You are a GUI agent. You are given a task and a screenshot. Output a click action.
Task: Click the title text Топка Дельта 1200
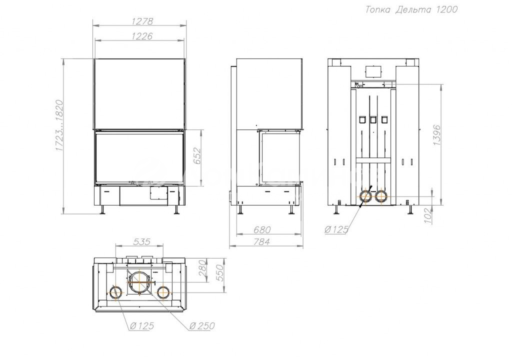tap(411, 9)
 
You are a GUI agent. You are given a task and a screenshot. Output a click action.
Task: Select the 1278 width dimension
tap(142, 21)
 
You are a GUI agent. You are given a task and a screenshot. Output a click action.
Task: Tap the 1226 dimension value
tap(142, 35)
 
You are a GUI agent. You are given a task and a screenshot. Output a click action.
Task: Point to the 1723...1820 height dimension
tap(59, 125)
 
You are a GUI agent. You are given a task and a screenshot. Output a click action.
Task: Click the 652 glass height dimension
tap(196, 157)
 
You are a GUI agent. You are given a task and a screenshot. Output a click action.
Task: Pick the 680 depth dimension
tap(262, 229)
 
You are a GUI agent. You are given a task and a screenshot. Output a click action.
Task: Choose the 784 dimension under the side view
tap(262, 241)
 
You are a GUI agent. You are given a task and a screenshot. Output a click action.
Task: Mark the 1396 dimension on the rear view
tap(437, 135)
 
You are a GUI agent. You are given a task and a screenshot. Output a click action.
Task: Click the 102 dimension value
tap(428, 215)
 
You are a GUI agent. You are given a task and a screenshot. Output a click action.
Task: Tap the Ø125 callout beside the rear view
tap(336, 229)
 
